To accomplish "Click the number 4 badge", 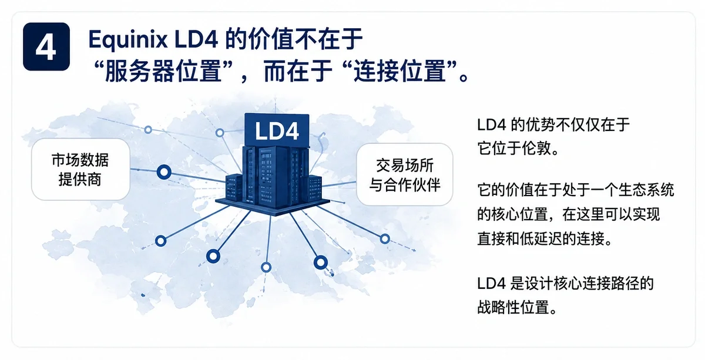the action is point(46,46).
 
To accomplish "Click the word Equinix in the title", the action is point(128,41).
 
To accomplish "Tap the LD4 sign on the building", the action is point(277,130).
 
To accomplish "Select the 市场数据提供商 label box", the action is point(80,169).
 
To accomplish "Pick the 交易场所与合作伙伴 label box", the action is point(404,174).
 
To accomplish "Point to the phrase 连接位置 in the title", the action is point(401,72).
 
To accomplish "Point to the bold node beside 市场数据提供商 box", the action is point(164,172).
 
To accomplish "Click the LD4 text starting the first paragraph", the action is point(491,125).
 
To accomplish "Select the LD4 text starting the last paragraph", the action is point(491,283).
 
